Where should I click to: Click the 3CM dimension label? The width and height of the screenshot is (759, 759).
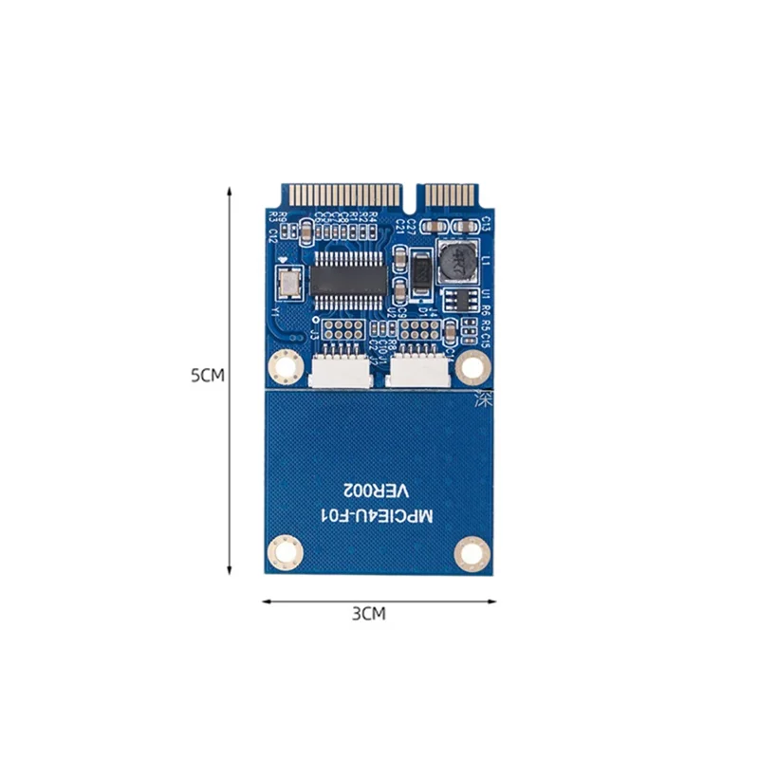[x=369, y=614]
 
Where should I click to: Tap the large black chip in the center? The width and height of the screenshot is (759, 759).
[x=349, y=276]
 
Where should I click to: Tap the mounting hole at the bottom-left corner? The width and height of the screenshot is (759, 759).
[x=282, y=549]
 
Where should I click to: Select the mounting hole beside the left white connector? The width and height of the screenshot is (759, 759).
[x=282, y=364]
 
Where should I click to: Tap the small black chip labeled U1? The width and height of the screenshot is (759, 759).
[x=459, y=301]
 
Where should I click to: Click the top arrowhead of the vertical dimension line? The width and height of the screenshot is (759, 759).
[x=229, y=190]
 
